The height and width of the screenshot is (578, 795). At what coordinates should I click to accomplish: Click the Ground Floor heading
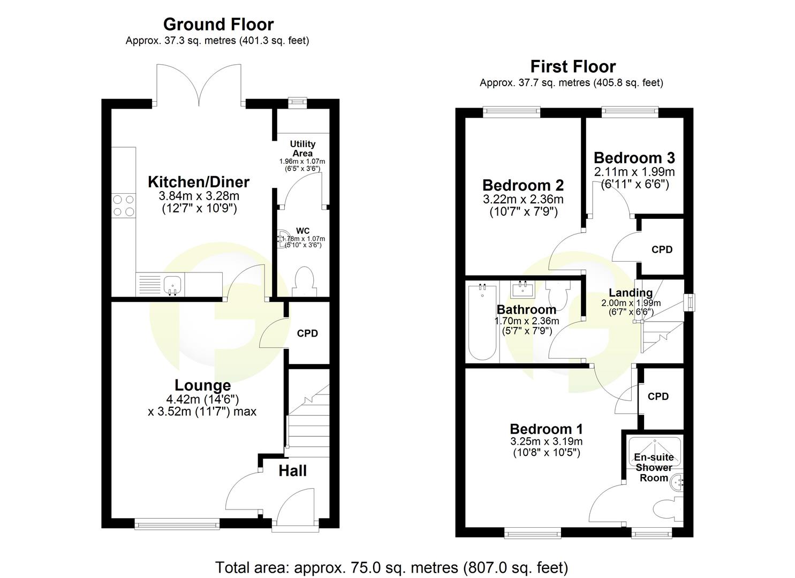click(x=218, y=25)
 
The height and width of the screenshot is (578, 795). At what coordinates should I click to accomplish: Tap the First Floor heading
click(x=572, y=67)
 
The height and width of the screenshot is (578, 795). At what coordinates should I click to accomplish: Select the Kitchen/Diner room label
click(x=199, y=182)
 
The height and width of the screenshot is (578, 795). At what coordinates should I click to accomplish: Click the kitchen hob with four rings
click(x=123, y=205)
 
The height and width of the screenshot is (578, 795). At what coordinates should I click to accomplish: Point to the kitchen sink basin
click(x=172, y=284)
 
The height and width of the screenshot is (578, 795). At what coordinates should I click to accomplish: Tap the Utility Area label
click(x=302, y=149)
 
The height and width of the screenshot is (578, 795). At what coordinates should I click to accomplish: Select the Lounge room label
click(x=202, y=385)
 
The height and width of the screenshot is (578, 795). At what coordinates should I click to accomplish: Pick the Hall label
click(x=292, y=470)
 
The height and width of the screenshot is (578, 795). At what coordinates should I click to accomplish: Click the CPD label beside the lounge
click(x=307, y=333)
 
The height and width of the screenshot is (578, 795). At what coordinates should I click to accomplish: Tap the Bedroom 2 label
click(x=523, y=185)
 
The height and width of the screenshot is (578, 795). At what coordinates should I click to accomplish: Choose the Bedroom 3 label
click(x=634, y=158)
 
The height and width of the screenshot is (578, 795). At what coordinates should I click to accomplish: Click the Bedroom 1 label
click(x=546, y=429)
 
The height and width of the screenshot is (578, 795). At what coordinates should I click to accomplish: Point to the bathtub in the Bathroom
click(x=482, y=321)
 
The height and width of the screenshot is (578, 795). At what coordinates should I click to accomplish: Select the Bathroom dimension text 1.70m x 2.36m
click(x=526, y=321)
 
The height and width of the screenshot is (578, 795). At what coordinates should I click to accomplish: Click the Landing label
click(x=630, y=293)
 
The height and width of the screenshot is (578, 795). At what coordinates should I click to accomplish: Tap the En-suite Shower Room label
click(x=654, y=467)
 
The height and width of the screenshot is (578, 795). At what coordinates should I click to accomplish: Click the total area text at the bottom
click(x=391, y=567)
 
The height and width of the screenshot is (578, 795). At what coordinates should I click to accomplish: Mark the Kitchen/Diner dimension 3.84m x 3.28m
click(x=199, y=196)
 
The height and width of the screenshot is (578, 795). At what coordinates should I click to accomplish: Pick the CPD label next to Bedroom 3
click(x=662, y=249)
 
